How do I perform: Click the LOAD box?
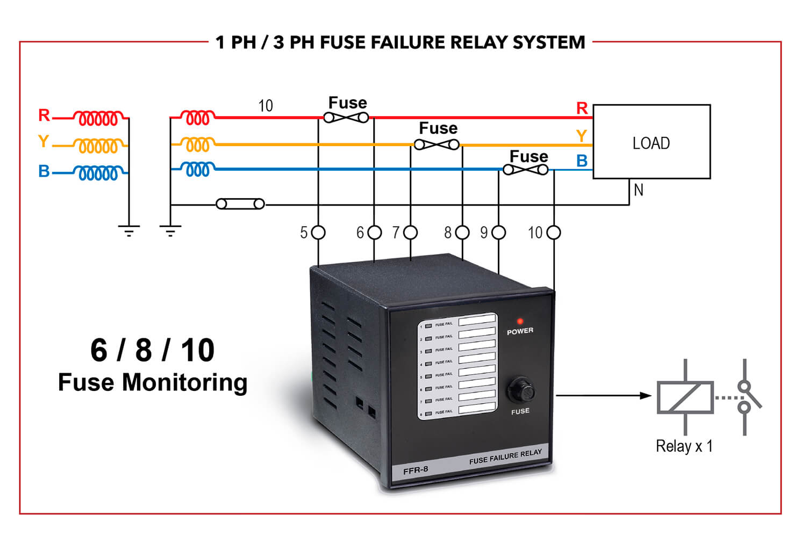click(651, 142)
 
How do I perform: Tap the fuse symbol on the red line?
click(346, 117)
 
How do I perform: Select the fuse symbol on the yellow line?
click(437, 144)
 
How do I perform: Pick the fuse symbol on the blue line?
click(526, 170)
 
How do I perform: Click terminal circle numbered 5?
click(319, 233)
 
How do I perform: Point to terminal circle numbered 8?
click(462, 233)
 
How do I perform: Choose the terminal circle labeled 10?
click(554, 233)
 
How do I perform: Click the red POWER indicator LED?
click(520, 321)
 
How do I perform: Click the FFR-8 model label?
click(416, 470)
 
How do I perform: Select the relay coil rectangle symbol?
click(685, 397)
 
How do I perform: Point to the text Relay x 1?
click(684, 446)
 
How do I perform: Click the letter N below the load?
click(638, 190)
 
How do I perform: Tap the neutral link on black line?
click(240, 204)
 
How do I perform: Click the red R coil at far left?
click(98, 118)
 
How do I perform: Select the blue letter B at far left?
click(44, 171)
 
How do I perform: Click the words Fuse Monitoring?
click(153, 383)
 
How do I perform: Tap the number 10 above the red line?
click(266, 106)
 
